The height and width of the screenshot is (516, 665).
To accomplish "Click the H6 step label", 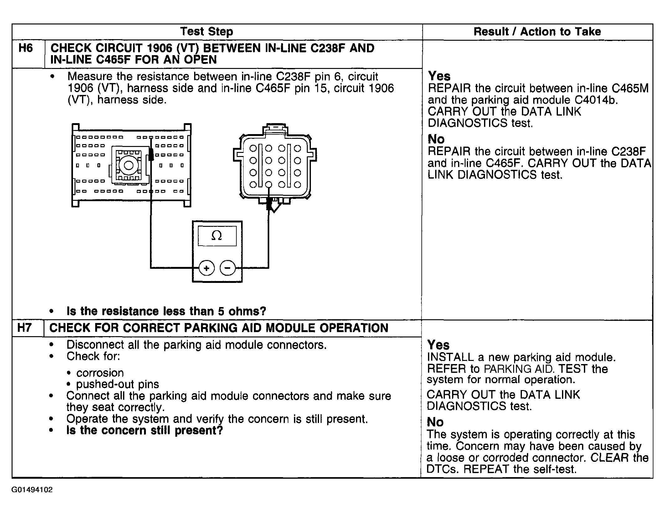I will [x=26, y=48].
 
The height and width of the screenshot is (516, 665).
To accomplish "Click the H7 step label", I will [x=24, y=328].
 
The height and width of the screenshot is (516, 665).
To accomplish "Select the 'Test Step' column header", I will [x=207, y=32].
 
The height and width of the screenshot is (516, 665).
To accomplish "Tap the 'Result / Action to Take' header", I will [x=537, y=32].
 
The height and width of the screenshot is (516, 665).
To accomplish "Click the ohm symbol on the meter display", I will [x=217, y=236].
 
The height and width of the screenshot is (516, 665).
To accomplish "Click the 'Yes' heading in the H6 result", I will [x=439, y=76].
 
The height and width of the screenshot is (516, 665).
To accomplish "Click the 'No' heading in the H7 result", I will [x=435, y=422].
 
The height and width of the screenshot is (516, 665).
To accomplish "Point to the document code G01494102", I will [x=32, y=490].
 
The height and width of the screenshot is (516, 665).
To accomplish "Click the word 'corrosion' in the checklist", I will [x=100, y=373].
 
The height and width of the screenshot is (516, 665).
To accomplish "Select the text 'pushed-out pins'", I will [x=117, y=384].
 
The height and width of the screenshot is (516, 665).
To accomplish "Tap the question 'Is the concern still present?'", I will [x=145, y=430].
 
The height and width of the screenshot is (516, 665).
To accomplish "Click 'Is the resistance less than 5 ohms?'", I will [x=166, y=311].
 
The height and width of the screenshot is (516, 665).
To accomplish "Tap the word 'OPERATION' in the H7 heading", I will [x=354, y=328].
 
